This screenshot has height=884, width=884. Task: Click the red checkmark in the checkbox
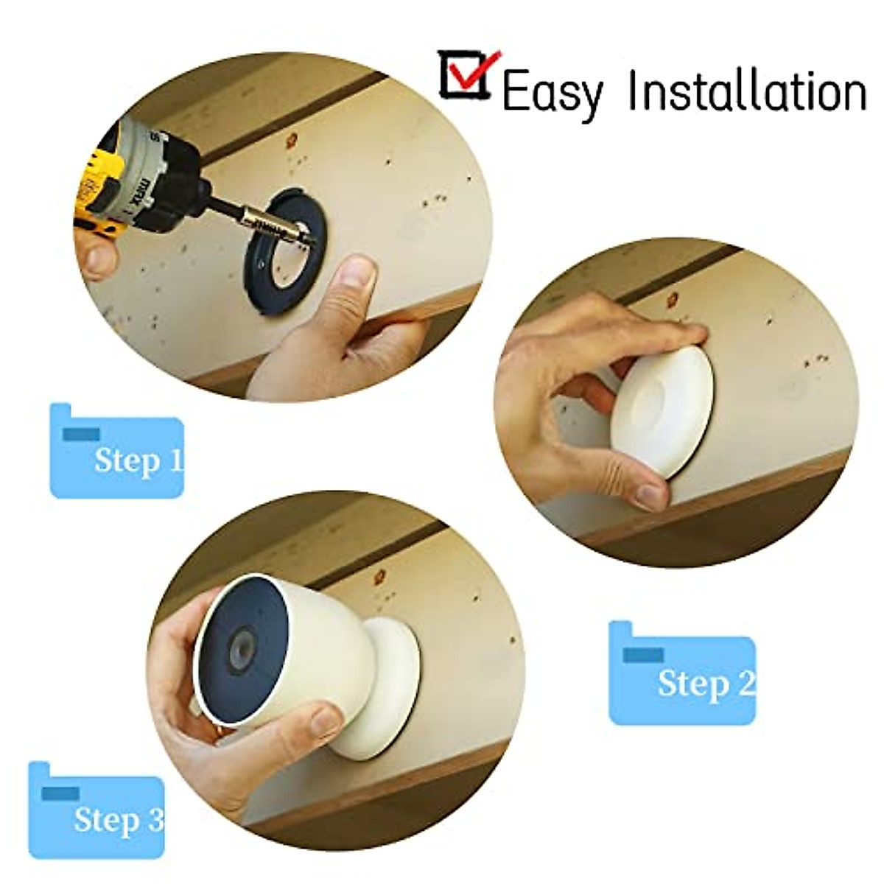pyautogui.click(x=471, y=70)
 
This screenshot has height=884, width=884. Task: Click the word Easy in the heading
pyautogui.click(x=551, y=94)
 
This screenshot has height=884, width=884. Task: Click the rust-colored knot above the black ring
pyautogui.click(x=292, y=138)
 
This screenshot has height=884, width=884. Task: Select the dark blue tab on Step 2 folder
pyautogui.click(x=643, y=654)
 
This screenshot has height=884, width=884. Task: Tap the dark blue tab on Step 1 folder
pyautogui.click(x=81, y=435)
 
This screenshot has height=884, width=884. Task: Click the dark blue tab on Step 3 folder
pyautogui.click(x=60, y=793)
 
